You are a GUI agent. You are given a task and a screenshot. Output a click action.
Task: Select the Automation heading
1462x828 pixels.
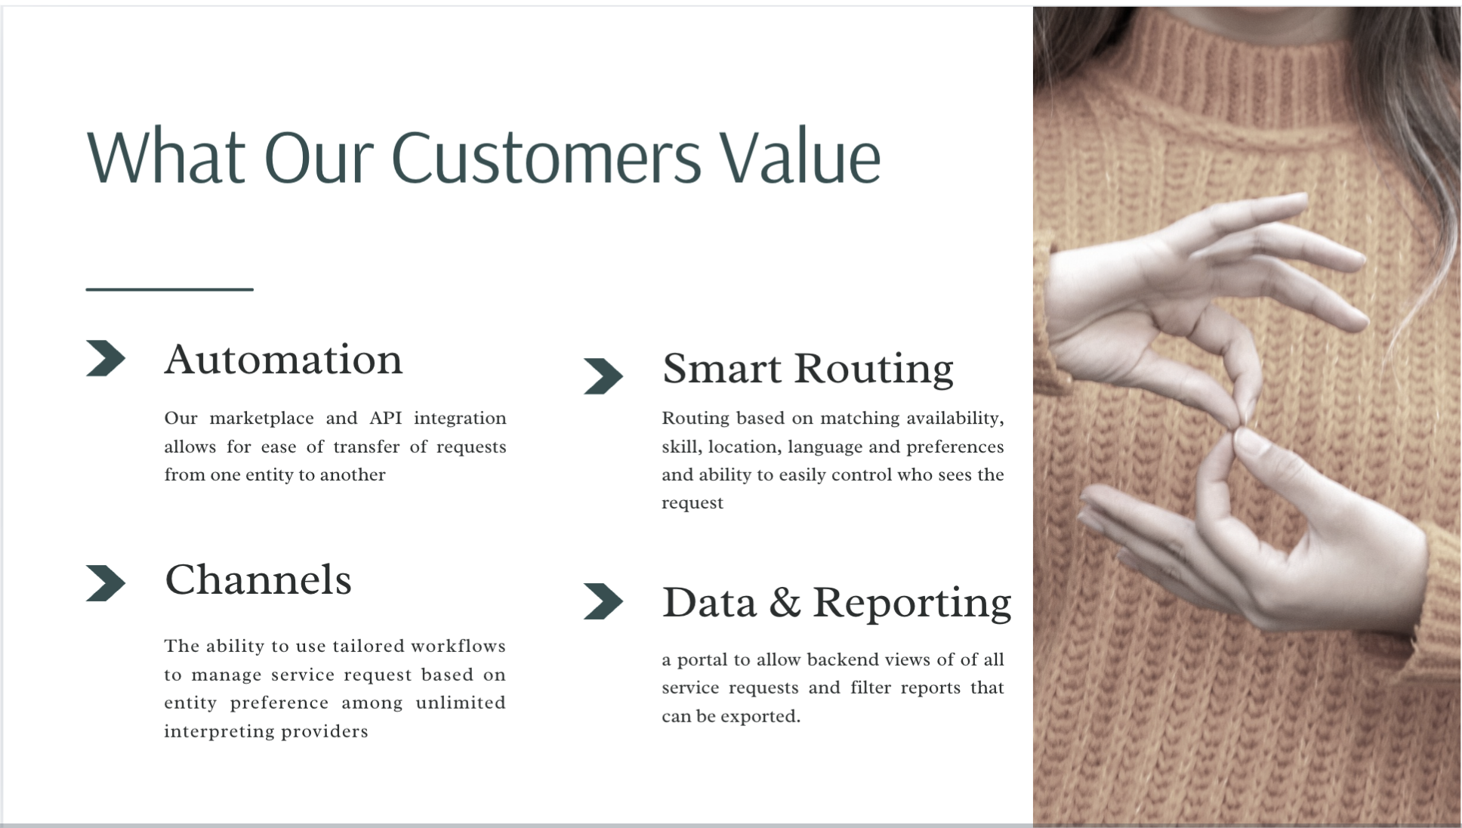click(x=283, y=360)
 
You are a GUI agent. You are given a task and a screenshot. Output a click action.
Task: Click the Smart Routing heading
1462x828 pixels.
click(x=807, y=369)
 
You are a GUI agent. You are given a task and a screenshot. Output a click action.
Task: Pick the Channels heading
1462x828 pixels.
click(x=258, y=580)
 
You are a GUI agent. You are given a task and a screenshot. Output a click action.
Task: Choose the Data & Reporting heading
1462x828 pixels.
click(x=836, y=603)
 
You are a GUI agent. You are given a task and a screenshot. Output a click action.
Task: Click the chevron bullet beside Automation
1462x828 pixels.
click(x=105, y=358)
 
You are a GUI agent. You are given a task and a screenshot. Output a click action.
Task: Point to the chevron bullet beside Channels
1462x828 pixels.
click(x=105, y=583)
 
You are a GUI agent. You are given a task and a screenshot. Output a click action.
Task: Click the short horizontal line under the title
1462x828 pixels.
click(x=169, y=289)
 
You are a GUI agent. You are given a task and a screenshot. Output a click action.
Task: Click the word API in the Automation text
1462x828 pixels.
click(x=385, y=419)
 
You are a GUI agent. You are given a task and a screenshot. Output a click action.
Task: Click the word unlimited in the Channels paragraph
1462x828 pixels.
click(x=460, y=703)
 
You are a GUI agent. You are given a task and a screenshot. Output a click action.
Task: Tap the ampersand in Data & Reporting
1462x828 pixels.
click(x=785, y=603)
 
